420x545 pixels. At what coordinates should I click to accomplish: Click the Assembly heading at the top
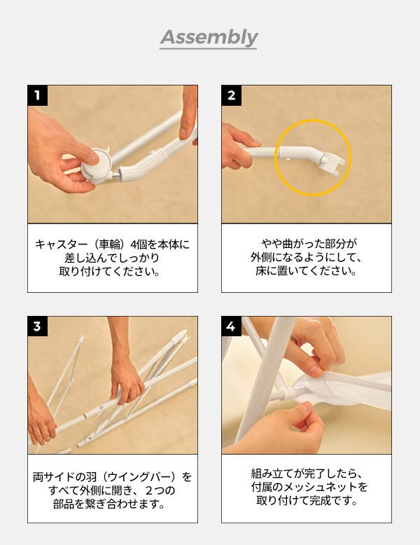click(x=209, y=37)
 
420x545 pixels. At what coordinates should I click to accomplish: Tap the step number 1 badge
click(x=38, y=95)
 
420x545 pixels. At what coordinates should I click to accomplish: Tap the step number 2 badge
click(x=232, y=95)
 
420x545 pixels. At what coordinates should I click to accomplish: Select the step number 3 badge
click(x=38, y=326)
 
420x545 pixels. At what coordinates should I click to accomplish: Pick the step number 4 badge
click(x=232, y=326)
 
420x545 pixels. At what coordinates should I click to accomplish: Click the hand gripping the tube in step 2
click(x=238, y=145)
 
